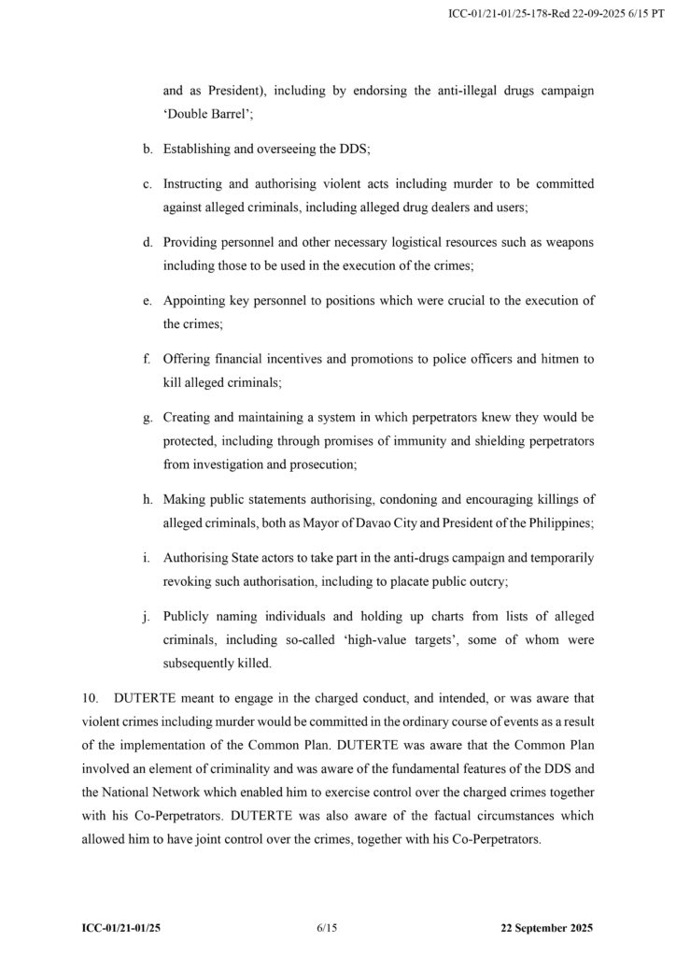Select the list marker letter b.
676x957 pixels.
tap(148, 149)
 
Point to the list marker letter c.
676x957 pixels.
tap(148, 184)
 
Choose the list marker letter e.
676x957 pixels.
tap(148, 301)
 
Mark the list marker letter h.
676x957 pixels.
tap(148, 499)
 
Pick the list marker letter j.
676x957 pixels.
tap(148, 616)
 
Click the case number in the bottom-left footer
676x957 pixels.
tap(126, 929)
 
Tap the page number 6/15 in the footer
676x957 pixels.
tap(327, 929)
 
